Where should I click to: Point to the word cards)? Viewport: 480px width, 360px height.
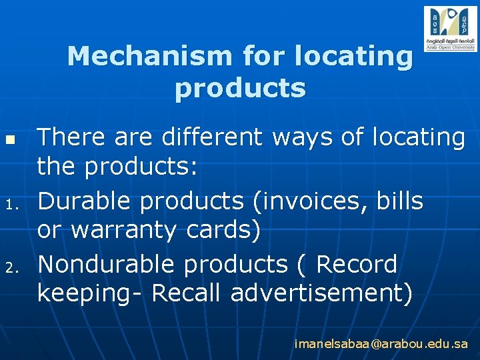click(221, 231)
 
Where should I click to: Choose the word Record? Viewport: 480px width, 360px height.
click(356, 264)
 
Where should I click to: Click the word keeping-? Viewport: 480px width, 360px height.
click(90, 293)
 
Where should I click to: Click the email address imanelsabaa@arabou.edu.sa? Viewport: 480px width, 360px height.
click(381, 344)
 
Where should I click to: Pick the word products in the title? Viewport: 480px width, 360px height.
click(240, 88)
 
